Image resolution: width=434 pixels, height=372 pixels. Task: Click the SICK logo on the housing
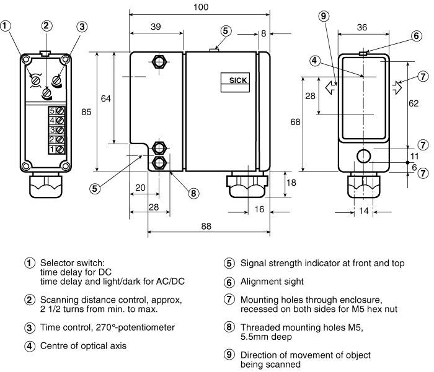tap(237, 80)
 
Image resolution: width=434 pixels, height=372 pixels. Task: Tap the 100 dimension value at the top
tap(201, 7)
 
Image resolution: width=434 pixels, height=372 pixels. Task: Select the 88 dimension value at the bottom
tap(206, 227)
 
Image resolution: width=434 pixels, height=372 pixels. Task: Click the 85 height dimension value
tap(86, 112)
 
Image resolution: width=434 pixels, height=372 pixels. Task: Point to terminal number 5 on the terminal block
tap(52, 111)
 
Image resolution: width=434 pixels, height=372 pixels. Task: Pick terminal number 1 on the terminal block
tap(52, 150)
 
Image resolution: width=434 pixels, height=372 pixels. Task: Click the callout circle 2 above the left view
tap(46, 26)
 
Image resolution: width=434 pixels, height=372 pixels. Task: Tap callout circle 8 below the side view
tap(193, 193)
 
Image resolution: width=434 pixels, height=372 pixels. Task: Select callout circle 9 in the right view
tap(324, 16)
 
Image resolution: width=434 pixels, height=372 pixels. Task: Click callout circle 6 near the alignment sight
tap(417, 36)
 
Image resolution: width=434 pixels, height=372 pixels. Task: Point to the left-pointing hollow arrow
tap(330, 88)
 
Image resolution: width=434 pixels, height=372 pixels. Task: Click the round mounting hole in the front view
tap(364, 156)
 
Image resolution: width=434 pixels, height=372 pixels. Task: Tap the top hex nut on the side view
tap(159, 62)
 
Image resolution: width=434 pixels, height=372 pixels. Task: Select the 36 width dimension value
tap(362, 27)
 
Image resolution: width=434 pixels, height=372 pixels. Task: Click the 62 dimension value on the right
tap(414, 103)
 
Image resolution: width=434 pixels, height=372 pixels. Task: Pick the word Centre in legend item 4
tap(54, 346)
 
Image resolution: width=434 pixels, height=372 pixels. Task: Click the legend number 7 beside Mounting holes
tap(229, 300)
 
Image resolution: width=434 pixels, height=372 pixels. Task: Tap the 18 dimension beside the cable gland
tap(291, 183)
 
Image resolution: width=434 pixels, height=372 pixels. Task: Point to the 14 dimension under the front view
tap(364, 211)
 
